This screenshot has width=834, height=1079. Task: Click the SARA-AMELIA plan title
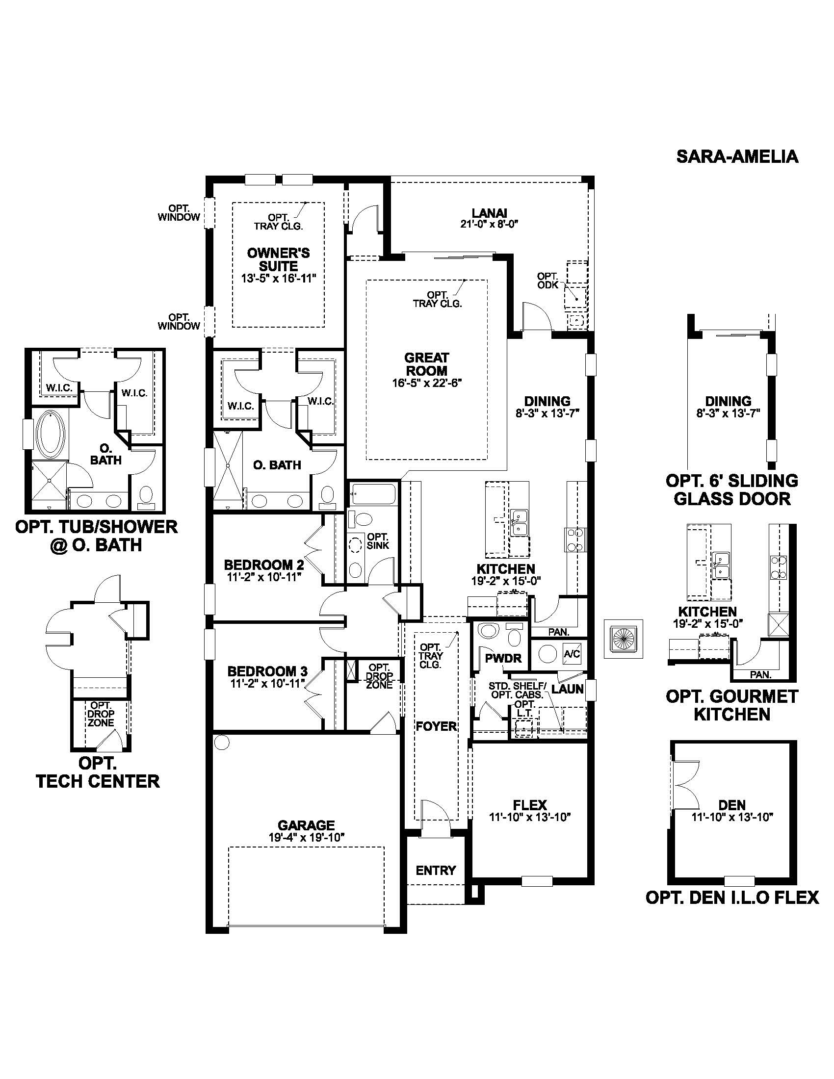click(737, 156)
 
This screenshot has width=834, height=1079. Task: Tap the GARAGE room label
click(306, 825)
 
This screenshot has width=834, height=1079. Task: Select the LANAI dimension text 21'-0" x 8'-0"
click(489, 224)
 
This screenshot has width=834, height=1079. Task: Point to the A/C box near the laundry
click(572, 654)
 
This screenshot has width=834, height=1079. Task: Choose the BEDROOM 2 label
click(264, 565)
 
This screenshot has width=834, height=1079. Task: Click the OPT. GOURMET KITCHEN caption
click(732, 705)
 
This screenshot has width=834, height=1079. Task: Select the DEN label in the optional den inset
click(732, 805)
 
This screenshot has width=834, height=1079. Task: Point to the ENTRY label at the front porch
click(436, 871)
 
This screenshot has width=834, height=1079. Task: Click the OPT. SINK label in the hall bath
click(378, 541)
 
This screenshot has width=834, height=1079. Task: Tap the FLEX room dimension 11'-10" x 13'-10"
click(530, 818)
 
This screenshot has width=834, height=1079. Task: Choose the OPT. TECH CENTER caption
click(98, 772)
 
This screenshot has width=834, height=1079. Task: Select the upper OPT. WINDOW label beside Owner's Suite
click(179, 212)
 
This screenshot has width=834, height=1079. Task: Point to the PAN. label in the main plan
click(559, 632)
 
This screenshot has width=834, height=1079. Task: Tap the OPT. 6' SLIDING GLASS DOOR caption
click(732, 489)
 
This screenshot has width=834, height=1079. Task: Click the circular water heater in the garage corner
click(222, 742)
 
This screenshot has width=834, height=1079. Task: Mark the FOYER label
click(436, 726)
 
